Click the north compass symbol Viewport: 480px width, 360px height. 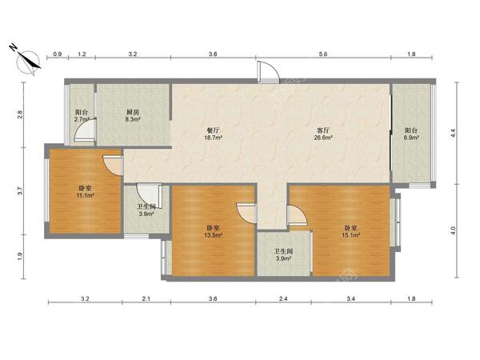coord(26,60)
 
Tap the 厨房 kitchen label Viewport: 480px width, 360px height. coord(133,112)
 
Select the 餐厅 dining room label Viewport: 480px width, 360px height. coord(213,130)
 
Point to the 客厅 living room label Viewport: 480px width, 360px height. coord(323,130)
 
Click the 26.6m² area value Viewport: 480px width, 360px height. coord(323,138)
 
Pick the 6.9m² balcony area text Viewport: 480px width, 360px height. coord(411,138)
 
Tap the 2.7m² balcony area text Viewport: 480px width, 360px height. coord(82,119)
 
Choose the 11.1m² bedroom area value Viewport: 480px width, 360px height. coord(85,195)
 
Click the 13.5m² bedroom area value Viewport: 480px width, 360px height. coord(213,235)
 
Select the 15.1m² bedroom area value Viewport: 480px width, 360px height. coord(351,235)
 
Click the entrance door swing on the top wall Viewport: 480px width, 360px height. coord(268,72)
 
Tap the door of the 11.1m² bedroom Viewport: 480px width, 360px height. coord(113,166)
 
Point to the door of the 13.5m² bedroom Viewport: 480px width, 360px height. coord(246,214)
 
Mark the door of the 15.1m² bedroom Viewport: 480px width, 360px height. coord(297,216)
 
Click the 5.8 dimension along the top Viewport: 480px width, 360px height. coord(323,54)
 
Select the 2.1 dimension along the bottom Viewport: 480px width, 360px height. coord(146,298)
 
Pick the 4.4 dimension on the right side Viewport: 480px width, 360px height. coord(454,133)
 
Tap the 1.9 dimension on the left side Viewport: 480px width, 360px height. coord(20,256)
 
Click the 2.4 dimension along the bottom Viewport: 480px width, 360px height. coord(283,298)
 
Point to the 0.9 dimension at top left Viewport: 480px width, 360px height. coord(58,54)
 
